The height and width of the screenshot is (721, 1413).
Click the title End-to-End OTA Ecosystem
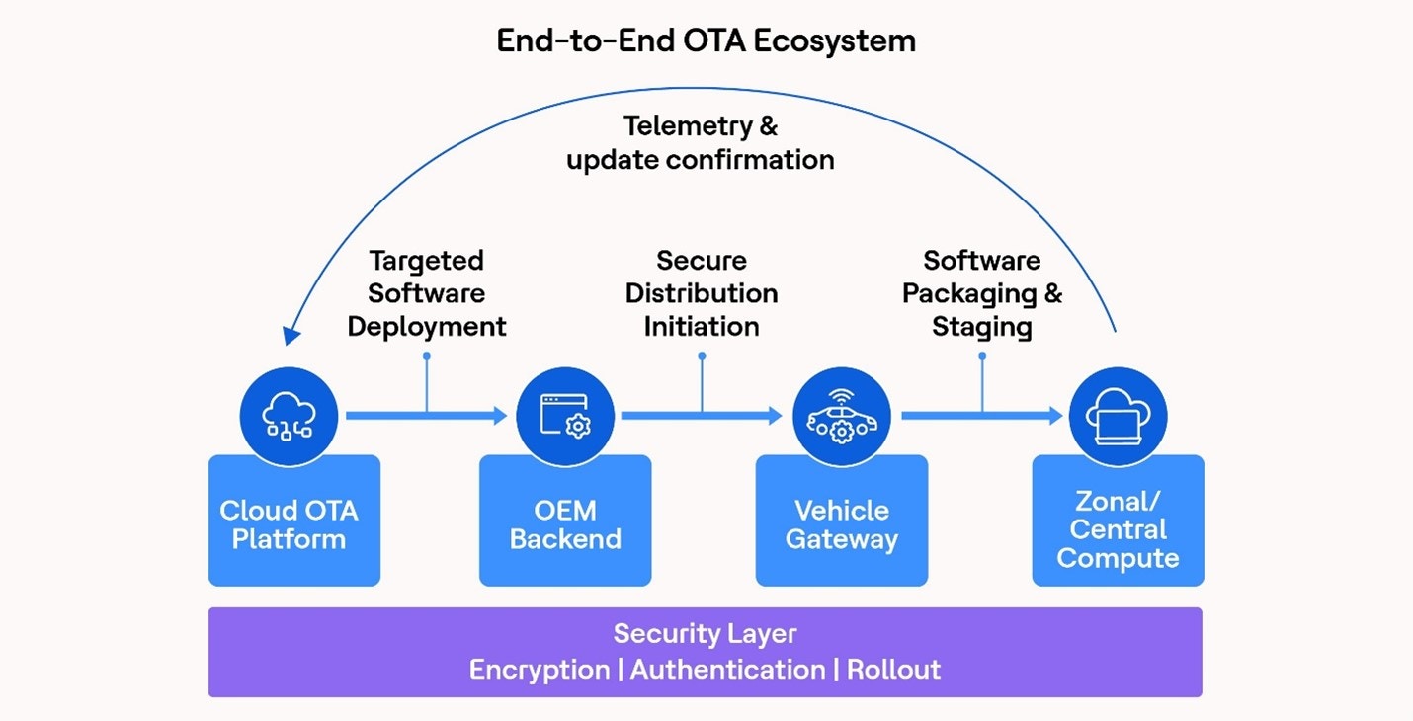click(x=706, y=40)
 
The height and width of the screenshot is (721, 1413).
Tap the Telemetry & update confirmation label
click(x=701, y=143)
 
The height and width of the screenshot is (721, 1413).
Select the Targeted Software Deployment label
click(x=427, y=293)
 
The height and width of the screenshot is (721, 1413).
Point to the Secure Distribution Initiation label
click(x=702, y=293)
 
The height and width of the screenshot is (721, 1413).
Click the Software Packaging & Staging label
click(x=981, y=293)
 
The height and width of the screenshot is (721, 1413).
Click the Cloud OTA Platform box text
click(x=289, y=524)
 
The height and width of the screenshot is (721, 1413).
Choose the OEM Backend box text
click(x=565, y=524)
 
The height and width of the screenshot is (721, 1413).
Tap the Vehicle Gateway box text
click(x=841, y=524)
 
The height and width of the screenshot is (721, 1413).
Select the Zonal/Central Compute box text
click(x=1118, y=529)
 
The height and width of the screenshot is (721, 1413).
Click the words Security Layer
click(x=705, y=633)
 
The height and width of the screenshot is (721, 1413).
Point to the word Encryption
click(x=539, y=670)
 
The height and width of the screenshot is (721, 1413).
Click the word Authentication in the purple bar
click(x=727, y=670)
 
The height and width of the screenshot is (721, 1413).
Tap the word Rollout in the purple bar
click(x=893, y=670)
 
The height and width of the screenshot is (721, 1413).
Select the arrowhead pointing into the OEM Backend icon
click(x=499, y=416)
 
